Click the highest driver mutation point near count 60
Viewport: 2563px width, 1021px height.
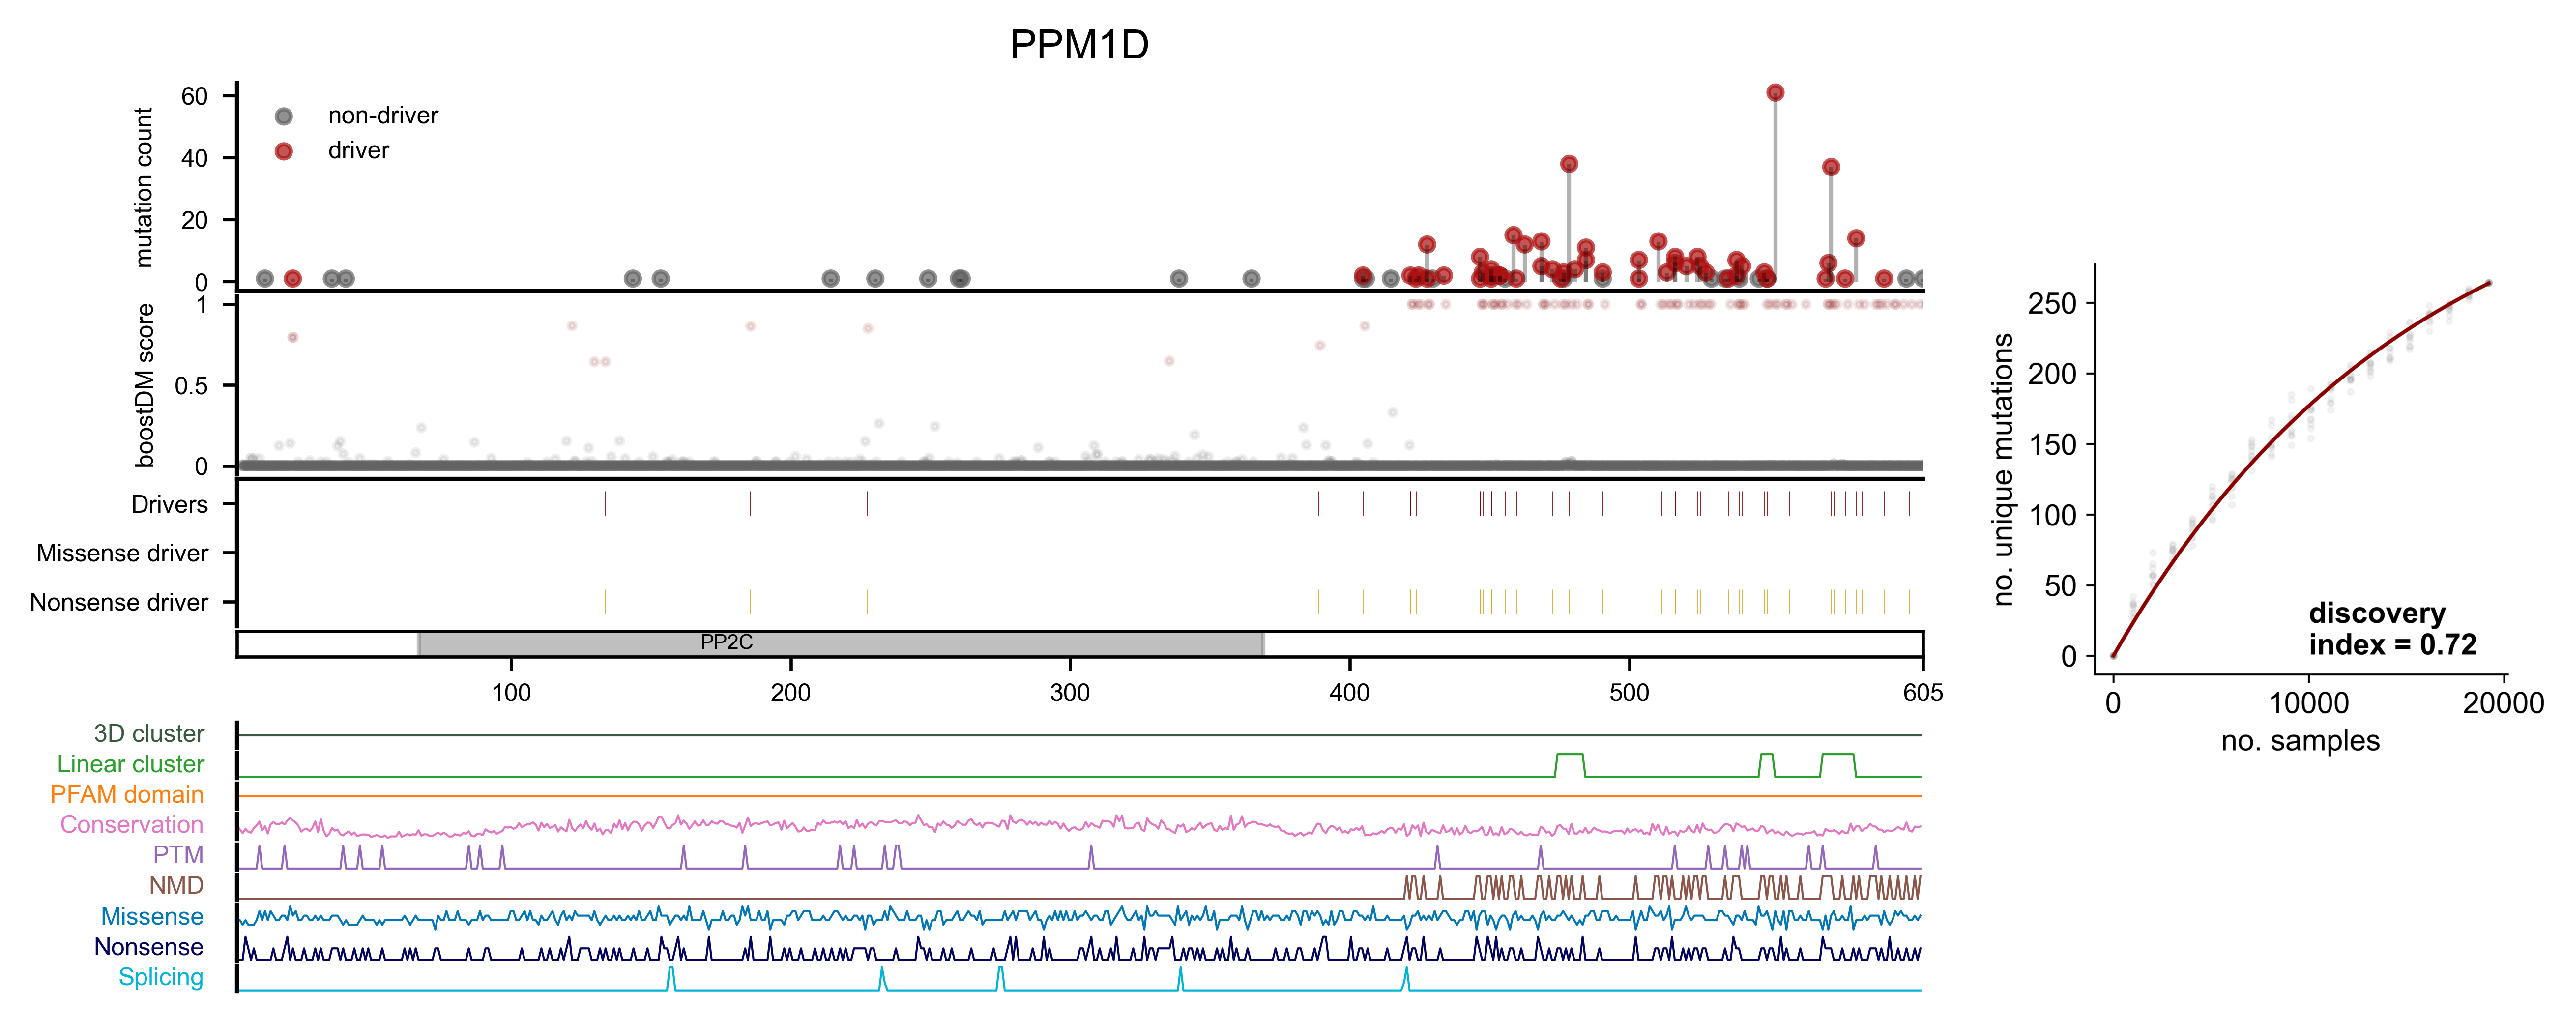[x=1775, y=92]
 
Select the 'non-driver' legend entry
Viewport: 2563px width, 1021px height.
[x=383, y=116]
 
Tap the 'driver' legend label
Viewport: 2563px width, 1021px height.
[x=358, y=150]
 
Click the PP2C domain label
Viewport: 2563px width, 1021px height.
[x=727, y=642]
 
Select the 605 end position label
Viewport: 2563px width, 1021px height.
[x=1922, y=693]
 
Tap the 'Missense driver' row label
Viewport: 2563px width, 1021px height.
[x=122, y=554]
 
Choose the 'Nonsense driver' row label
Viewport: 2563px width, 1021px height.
[x=119, y=602]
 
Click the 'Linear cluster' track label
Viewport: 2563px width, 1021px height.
[x=130, y=764]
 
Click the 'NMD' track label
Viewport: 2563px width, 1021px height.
[x=176, y=886]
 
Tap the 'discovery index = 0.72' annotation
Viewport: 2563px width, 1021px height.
[x=2391, y=629]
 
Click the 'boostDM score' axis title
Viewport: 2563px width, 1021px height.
[x=146, y=385]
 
